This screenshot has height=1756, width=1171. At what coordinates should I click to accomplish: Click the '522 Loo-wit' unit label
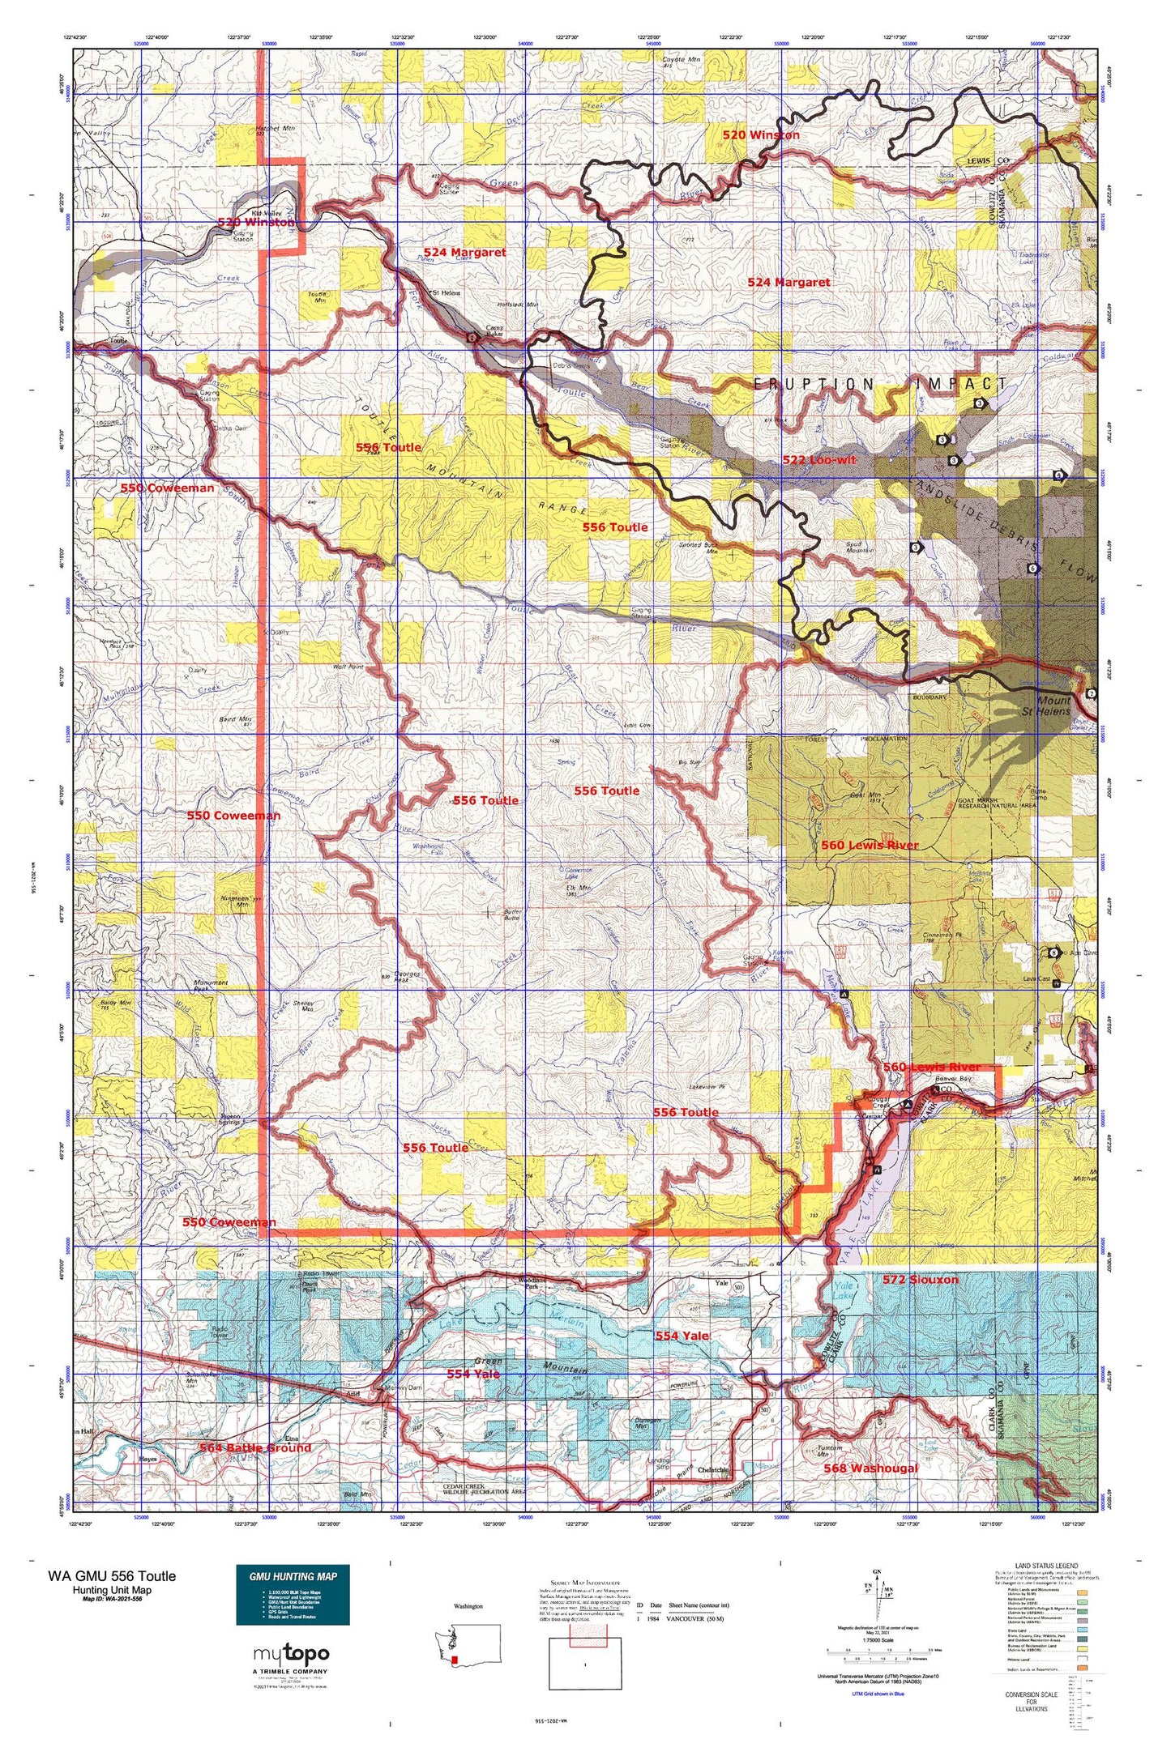[x=818, y=459]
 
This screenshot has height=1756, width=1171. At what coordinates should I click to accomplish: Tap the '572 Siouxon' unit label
[x=920, y=1280]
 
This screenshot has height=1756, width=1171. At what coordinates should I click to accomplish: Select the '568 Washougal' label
[x=870, y=1468]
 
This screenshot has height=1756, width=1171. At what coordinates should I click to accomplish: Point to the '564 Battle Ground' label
[x=256, y=1447]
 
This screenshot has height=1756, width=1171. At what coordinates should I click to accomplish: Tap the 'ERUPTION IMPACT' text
[x=879, y=384]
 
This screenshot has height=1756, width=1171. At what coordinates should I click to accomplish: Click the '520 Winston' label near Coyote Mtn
[x=760, y=134]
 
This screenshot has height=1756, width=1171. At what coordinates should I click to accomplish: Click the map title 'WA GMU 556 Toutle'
[x=111, y=1575]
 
